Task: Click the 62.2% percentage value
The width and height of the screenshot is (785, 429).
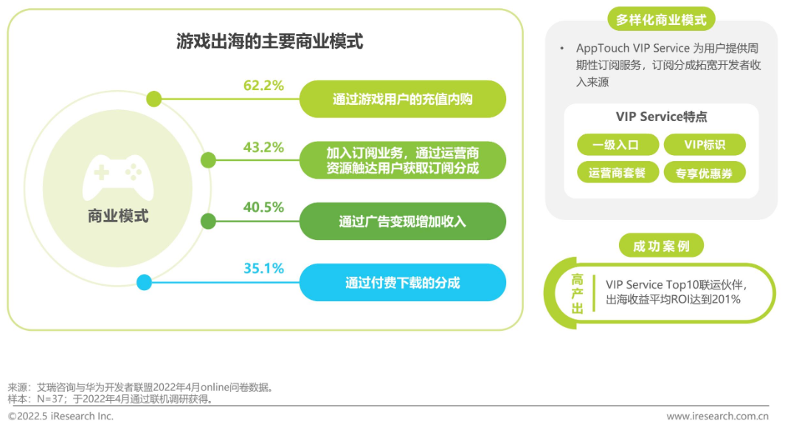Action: point(263,86)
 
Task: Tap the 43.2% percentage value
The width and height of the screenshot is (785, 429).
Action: point(263,148)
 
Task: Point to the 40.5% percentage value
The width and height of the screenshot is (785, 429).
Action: point(263,207)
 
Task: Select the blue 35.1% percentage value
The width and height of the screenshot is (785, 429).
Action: point(263,269)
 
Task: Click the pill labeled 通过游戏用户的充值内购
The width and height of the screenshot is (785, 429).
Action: point(403,99)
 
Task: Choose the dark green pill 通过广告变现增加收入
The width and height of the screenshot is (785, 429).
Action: point(403,222)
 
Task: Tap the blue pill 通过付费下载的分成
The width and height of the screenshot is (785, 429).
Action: point(403,283)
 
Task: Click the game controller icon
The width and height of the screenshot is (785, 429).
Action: point(117,177)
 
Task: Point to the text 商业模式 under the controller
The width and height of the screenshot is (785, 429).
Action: point(118,216)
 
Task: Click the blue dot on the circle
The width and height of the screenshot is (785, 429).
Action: point(144,283)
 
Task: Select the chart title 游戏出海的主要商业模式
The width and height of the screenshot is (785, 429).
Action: point(269,41)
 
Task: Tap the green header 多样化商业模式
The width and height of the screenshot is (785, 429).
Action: point(661,19)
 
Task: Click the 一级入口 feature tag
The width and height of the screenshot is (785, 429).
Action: point(618,145)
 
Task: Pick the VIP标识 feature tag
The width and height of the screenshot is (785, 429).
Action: point(705,145)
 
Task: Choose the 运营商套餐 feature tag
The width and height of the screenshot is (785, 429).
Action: point(618,173)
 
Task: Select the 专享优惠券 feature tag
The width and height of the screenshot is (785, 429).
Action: point(705,173)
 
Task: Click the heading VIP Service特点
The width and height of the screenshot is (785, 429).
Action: point(661,117)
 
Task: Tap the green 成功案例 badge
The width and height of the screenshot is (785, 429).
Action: point(661,246)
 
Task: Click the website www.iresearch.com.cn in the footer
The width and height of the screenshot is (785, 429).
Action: point(717,416)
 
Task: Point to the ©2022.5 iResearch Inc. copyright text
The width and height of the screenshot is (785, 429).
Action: point(61,416)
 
